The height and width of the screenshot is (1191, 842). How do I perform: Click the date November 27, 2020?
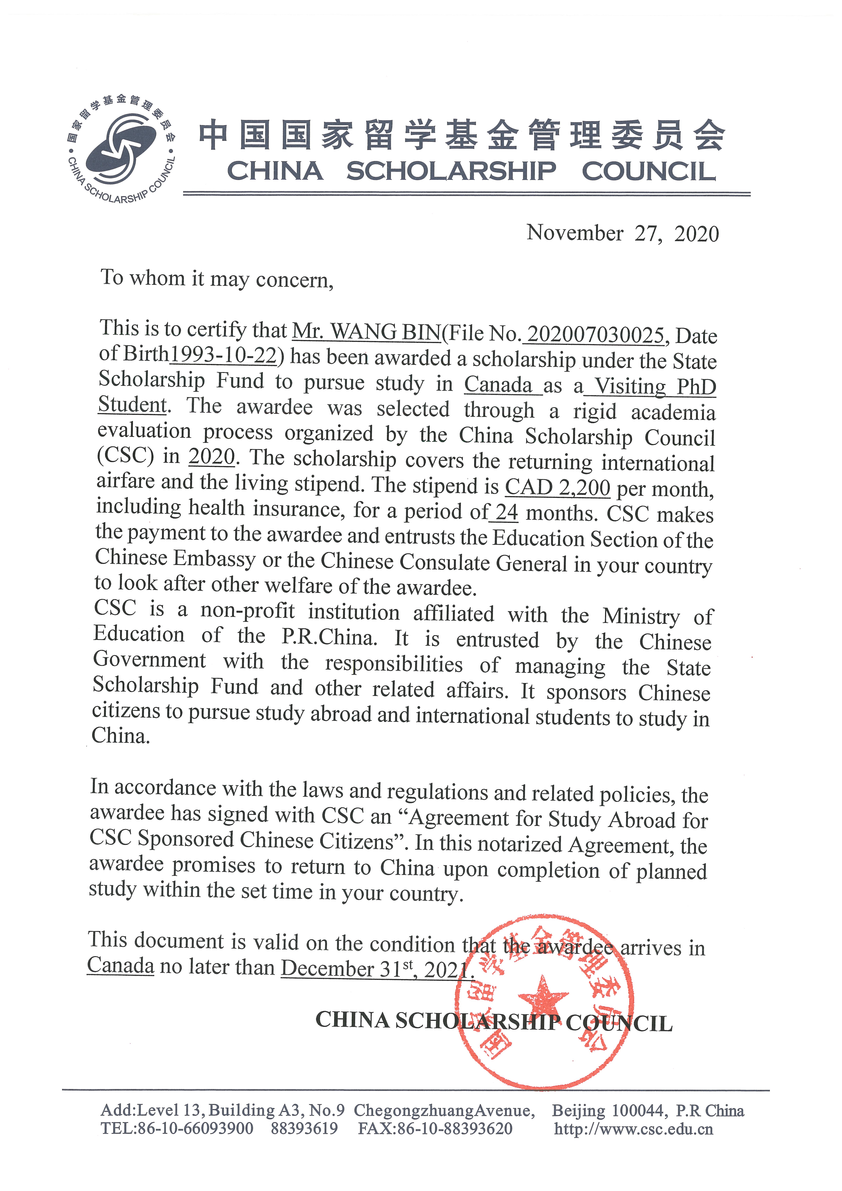pos(623,233)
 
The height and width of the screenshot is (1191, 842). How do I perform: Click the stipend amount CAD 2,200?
pos(557,487)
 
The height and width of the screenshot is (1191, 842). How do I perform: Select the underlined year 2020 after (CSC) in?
pos(212,457)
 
